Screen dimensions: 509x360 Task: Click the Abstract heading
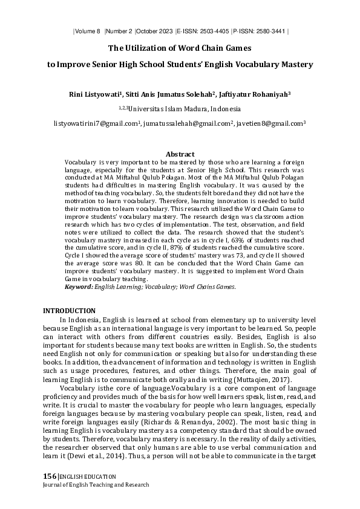[180, 155]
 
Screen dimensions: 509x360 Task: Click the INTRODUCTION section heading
[68, 310]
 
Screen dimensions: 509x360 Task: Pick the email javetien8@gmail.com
[272, 123]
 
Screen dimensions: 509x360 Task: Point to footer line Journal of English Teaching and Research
[96, 485]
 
